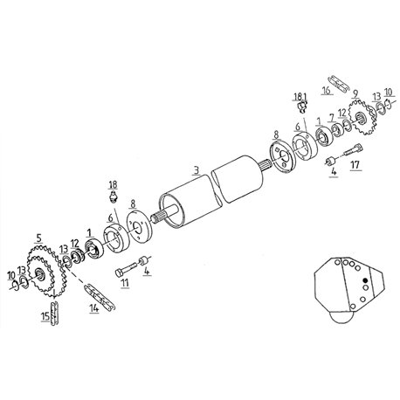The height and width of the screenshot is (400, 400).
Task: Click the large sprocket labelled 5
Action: pos(46,271)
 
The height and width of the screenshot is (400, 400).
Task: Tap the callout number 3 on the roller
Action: pos(197,169)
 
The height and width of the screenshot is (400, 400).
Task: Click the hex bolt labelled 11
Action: pos(126,269)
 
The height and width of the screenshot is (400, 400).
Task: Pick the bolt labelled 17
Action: pos(354,149)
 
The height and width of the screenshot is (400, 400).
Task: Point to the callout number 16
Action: pos(327,91)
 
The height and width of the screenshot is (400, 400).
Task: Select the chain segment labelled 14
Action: pos(100,296)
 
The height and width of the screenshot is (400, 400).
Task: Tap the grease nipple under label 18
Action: pos(113,197)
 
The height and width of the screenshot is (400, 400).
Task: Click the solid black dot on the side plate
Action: pos(366,280)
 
